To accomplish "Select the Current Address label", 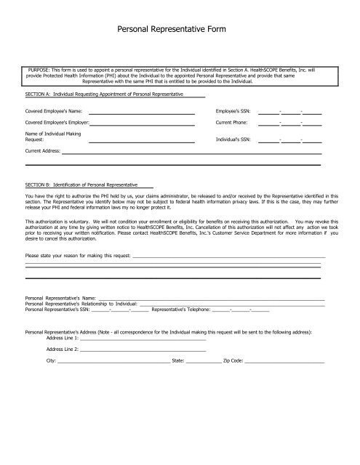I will pyautogui.click(x=42, y=153).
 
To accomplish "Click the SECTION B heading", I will pyautogui.click(x=83, y=185).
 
